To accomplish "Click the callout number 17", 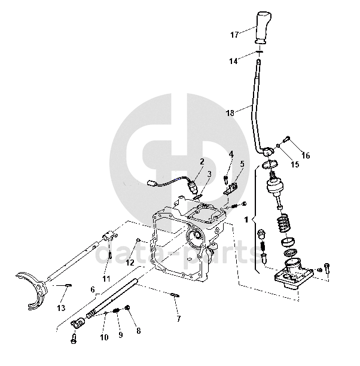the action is coord(234,35).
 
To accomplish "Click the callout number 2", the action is coord(202,161).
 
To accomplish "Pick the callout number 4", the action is coord(231,154).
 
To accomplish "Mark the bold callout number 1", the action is coord(246,219).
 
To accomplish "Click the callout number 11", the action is coord(106,279).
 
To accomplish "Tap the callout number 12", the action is coord(130,261).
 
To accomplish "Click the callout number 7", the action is coord(178,319).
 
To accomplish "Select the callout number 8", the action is coord(138,330).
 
